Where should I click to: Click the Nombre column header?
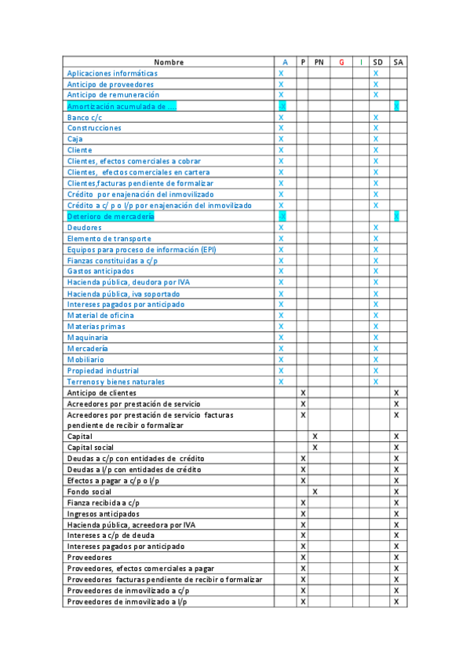(169, 62)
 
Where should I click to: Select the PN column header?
(319, 62)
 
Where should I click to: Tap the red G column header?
(341, 62)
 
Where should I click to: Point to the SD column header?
(377, 62)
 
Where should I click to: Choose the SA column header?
(398, 62)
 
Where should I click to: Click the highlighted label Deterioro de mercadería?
(111, 216)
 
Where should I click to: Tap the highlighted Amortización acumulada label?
(122, 106)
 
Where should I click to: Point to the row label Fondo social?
(89, 492)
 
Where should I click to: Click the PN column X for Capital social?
(315, 448)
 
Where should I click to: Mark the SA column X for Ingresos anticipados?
(396, 514)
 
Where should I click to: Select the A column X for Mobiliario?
(281, 360)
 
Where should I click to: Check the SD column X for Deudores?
(376, 228)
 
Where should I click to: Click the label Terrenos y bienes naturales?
(116, 382)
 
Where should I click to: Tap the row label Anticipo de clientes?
(102, 393)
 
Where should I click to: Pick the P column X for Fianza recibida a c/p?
(303, 503)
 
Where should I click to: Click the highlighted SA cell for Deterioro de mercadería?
(396, 216)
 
